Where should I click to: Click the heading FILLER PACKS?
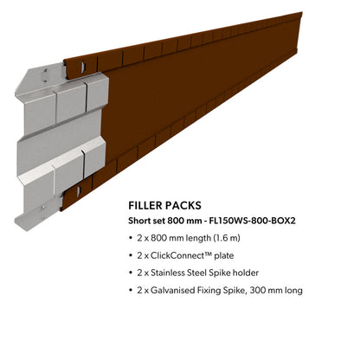click(x=164, y=205)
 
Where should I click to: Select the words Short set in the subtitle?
click(x=146, y=221)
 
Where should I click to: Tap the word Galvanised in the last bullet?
click(x=173, y=290)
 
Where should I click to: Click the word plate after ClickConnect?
click(x=224, y=256)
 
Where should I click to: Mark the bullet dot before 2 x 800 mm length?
click(x=131, y=239)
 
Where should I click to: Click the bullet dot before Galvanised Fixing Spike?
click(x=131, y=291)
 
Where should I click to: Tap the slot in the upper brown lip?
click(x=83, y=66)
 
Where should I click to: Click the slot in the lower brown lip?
click(x=78, y=191)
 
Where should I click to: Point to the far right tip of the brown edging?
click(x=302, y=13)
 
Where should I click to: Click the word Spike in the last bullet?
click(x=234, y=291)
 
